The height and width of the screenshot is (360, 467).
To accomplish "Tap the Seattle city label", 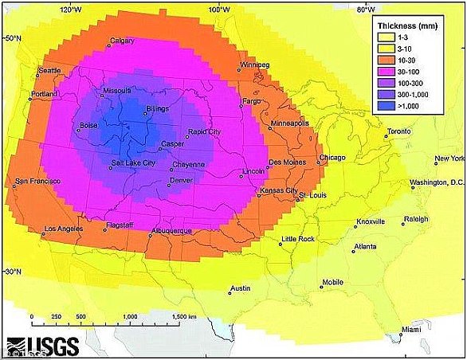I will [49, 71].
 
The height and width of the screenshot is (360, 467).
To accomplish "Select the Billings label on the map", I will [159, 108].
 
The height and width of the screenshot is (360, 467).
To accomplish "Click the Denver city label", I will [182, 181].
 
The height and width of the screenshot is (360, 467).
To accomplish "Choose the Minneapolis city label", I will [289, 124].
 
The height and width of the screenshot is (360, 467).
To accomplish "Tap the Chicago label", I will [332, 158].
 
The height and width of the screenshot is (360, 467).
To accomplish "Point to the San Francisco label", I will [33, 179].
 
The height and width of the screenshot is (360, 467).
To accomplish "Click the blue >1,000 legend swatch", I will [384, 104].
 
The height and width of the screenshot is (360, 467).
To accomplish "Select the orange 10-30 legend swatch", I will [384, 59].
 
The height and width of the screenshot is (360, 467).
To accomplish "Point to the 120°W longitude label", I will [71, 10].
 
